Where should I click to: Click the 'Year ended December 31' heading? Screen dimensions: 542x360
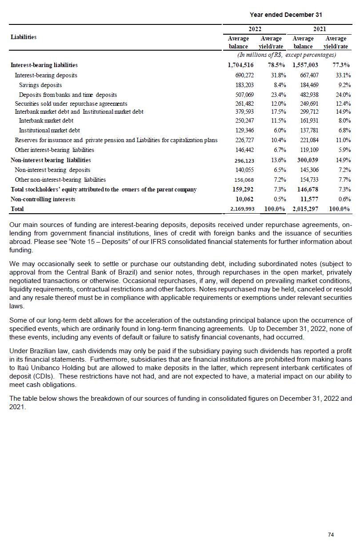click(x=286, y=15)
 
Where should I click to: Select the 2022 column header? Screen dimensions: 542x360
click(x=255, y=29)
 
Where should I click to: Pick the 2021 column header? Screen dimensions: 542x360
click(x=320, y=29)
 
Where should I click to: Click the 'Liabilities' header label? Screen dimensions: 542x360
click(x=24, y=37)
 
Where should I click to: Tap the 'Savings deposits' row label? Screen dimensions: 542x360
click(x=40, y=85)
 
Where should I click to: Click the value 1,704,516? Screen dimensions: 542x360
click(x=240, y=65)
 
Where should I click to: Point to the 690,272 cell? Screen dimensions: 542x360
click(x=244, y=75)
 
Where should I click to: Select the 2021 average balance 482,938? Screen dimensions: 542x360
click(x=309, y=95)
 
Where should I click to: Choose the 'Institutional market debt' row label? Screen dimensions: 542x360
click(x=49, y=130)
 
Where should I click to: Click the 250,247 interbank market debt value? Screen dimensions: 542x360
click(x=244, y=120)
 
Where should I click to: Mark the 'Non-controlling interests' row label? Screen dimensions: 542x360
click(x=43, y=199)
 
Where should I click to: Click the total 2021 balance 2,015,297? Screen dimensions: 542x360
click(x=306, y=209)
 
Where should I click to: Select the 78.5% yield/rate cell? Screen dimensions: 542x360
click(x=276, y=65)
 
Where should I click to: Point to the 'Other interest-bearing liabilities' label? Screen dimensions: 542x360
click(x=55, y=150)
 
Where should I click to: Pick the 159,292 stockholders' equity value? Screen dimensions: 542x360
click(x=242, y=189)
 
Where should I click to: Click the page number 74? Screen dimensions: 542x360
click(x=331, y=534)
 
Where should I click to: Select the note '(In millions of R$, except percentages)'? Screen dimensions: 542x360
click(x=287, y=55)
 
